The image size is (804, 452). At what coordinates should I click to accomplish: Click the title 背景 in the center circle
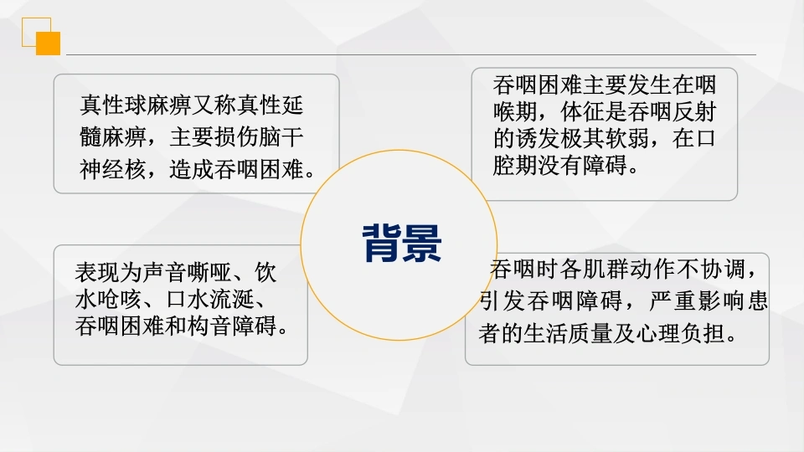click(402, 244)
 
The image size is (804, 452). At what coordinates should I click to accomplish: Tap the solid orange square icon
click(49, 44)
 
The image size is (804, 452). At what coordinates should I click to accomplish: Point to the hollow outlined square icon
click(36, 33)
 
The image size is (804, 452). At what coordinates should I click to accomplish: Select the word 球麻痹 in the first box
click(158, 105)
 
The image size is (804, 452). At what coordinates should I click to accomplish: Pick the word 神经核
click(113, 169)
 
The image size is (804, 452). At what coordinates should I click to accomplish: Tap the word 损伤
click(236, 137)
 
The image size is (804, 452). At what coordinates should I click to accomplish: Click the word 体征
click(583, 111)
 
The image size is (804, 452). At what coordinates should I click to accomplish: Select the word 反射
click(693, 111)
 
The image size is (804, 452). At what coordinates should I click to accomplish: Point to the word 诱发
click(538, 138)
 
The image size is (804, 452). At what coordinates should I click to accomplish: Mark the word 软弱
click(627, 138)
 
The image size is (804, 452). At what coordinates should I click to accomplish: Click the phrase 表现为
click(108, 273)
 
